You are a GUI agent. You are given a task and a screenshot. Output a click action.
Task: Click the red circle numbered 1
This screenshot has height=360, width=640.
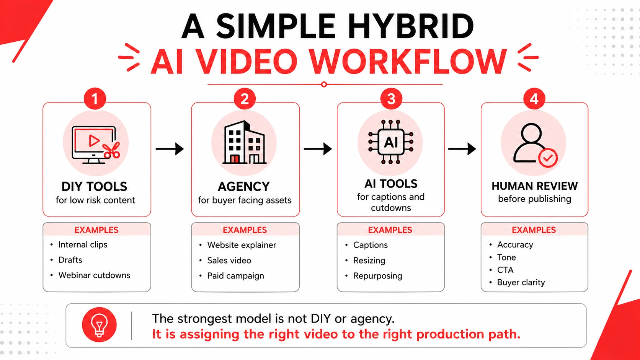pos(95,99)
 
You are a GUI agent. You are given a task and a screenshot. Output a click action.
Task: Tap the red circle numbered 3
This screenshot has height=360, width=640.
pos(391,99)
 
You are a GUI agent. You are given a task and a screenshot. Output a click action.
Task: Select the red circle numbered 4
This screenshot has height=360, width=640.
pos(534,99)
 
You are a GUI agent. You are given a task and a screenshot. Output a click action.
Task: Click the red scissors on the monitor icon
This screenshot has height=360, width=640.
pos(111,150)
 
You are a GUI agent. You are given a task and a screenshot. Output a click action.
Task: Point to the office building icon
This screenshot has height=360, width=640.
pos(244,142)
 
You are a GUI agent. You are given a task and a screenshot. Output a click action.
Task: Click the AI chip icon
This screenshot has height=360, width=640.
pos(390,142)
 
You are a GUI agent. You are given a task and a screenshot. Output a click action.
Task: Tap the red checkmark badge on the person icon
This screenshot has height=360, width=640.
pos(548,158)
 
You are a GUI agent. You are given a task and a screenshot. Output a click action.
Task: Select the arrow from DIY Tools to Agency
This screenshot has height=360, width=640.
pos(170,149)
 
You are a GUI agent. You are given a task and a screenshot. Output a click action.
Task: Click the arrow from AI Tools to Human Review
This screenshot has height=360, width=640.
pos(462,149)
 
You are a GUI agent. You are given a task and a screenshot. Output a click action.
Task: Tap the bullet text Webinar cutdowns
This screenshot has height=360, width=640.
pos(94,275)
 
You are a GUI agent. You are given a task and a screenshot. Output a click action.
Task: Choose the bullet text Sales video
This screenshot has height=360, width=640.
pos(229,261)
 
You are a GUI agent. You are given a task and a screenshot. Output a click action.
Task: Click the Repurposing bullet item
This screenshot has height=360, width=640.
pos(378,276)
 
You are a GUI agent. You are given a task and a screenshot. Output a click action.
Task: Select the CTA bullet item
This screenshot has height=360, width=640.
pos(505,270)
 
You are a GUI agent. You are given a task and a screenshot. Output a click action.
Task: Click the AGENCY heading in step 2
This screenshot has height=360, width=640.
pos(244,187)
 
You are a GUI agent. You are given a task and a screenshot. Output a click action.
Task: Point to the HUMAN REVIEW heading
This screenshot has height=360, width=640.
pos(535,186)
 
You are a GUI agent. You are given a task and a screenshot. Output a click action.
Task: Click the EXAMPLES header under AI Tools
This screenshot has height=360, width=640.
pos(390,230)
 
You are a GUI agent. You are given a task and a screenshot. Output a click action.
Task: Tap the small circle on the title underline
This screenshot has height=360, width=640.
pos(324,85)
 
